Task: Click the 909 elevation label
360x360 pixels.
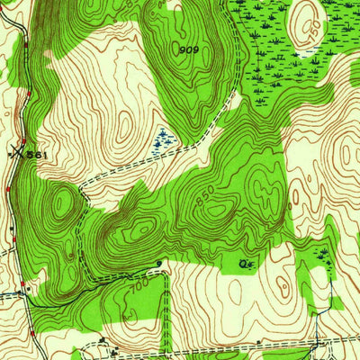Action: [x=188, y=49]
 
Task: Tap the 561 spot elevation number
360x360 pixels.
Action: [x=35, y=155]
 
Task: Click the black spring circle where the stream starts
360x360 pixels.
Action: [x=159, y=263]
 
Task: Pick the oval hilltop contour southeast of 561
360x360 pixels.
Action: [x=61, y=204]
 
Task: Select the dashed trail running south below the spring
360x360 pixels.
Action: [x=166, y=315]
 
